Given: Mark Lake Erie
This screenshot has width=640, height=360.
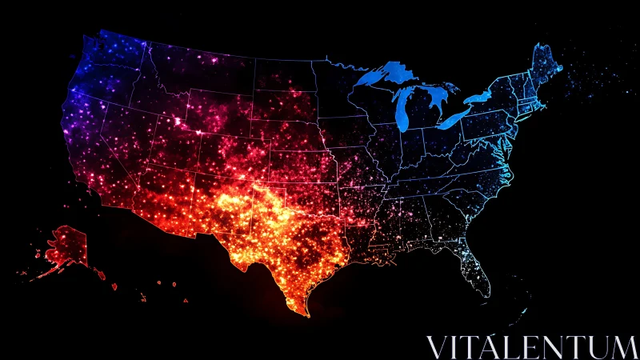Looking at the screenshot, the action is pos(456,118).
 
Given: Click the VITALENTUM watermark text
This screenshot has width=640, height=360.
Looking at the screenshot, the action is pos(531,347).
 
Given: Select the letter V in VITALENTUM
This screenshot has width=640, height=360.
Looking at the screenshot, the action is pos(437,347).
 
